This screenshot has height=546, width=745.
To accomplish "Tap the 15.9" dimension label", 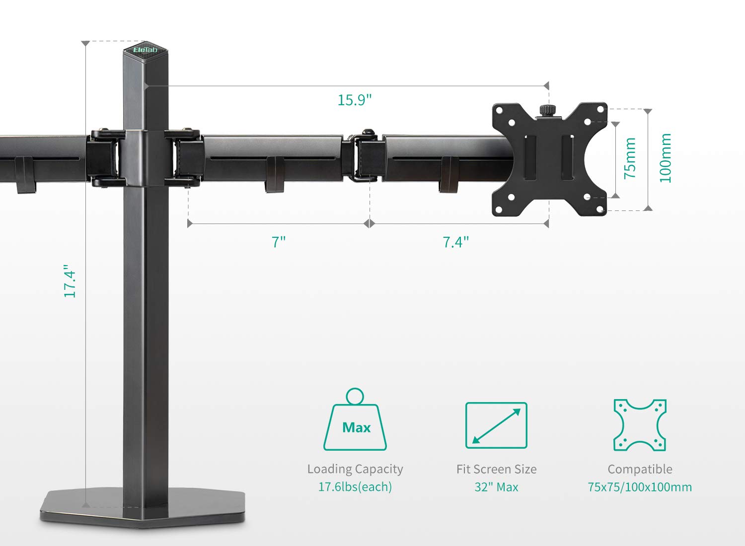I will coord(354,100).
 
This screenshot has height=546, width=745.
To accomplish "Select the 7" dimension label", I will coord(279,242).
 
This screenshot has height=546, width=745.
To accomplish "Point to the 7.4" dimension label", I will coord(455,242).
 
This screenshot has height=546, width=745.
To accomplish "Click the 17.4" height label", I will coord(70,283).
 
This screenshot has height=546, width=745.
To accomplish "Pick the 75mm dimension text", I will coord(630,158).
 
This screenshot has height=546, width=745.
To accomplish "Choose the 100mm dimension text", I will coord(665,158).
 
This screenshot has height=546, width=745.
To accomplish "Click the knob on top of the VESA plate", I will coord(548,110).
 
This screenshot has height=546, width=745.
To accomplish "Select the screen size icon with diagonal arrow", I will coord(496,425).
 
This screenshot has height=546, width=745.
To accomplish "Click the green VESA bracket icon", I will coord(640,425).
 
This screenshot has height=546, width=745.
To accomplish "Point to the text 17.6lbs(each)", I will coord(355,487).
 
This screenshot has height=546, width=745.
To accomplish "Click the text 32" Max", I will coord(496,487).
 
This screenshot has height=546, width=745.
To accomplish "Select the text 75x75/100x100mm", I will coord(640,487).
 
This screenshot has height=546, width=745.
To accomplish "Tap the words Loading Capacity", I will coord(355,469).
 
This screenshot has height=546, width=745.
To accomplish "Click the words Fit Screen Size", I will coord(496,469).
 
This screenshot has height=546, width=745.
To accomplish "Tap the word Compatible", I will coord(640,469).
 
